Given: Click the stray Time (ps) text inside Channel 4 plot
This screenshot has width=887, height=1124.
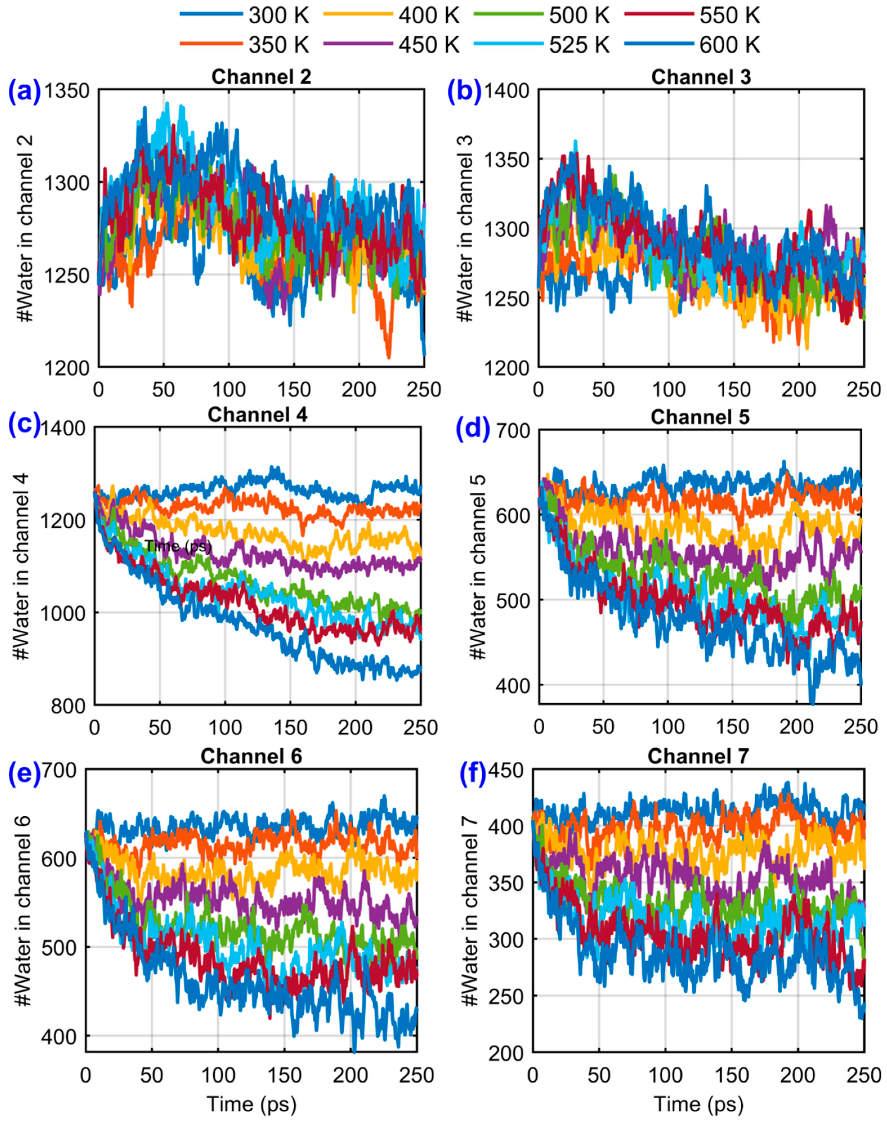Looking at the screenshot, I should (178, 546).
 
